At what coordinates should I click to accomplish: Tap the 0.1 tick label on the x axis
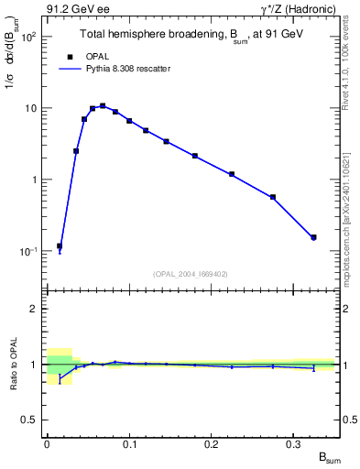pos(129,444)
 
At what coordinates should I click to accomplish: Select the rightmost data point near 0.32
pos(313,237)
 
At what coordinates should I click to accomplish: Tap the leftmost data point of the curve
pos(60,246)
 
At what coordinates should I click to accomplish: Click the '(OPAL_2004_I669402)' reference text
pos(190,273)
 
